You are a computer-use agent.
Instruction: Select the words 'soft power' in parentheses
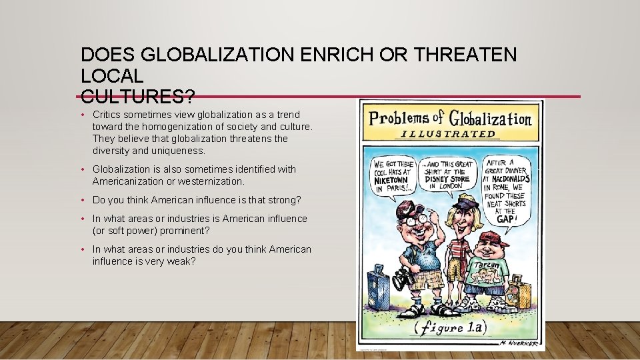(128, 231)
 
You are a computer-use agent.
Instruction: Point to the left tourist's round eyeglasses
(415, 218)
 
